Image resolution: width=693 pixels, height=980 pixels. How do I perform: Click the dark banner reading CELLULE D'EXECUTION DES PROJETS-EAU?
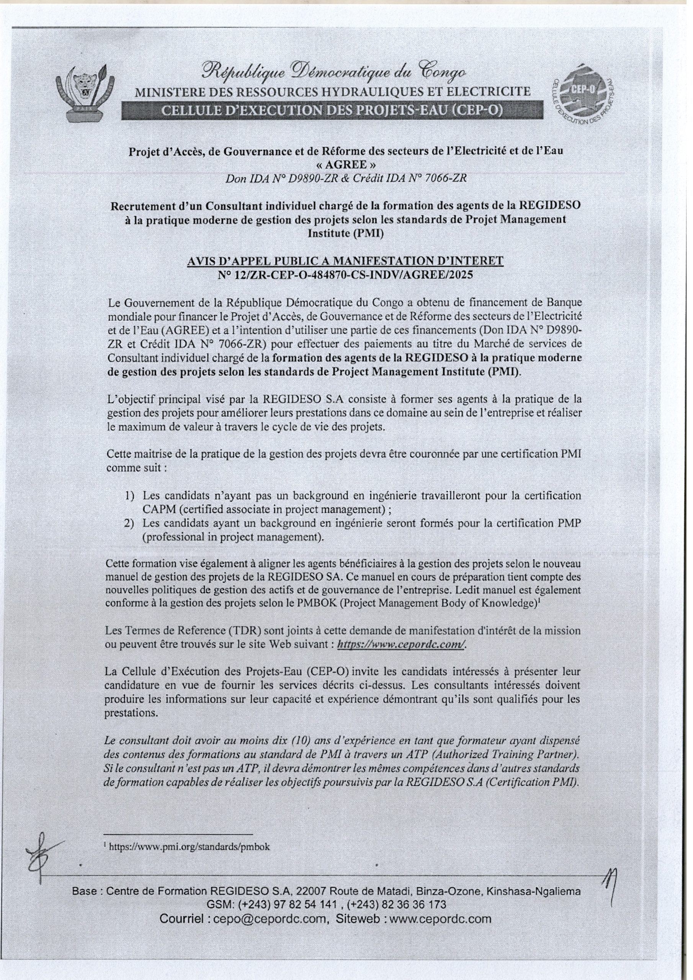(x=333, y=111)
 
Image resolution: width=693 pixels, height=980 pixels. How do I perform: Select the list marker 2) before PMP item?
(x=130, y=523)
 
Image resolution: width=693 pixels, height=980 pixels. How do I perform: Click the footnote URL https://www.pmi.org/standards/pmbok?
(x=190, y=848)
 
